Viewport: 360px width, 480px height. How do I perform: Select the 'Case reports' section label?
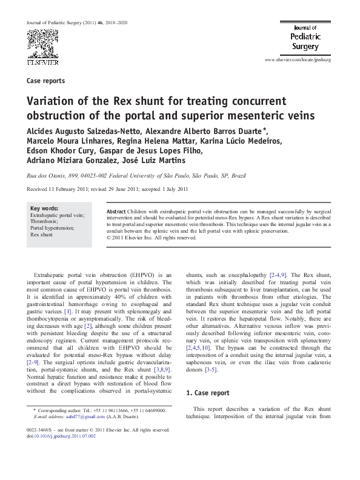click(46, 81)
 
